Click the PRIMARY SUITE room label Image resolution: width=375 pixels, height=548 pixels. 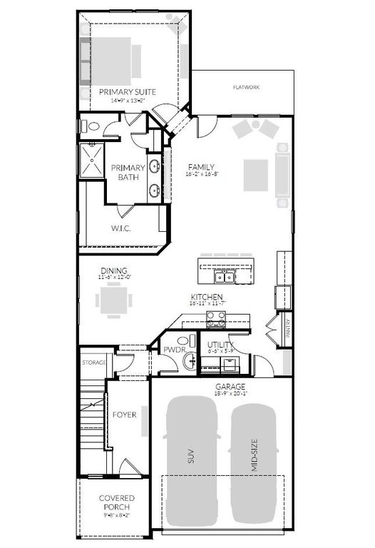tap(127, 91)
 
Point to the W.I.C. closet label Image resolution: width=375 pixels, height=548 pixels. tap(120, 228)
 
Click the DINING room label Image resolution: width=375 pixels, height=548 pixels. tap(114, 270)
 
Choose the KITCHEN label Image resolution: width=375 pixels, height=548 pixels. tap(207, 296)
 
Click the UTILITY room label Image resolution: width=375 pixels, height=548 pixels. tap(221, 345)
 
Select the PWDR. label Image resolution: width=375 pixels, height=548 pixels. tap(174, 350)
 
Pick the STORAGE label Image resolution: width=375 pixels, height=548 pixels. tap(94, 362)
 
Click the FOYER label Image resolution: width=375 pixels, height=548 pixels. tap(124, 414)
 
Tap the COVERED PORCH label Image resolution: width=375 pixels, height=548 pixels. tap(116, 502)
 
